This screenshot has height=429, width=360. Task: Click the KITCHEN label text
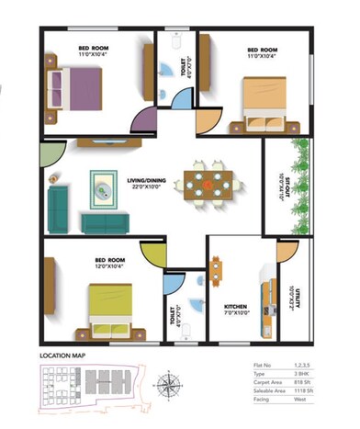tap(236, 307)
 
